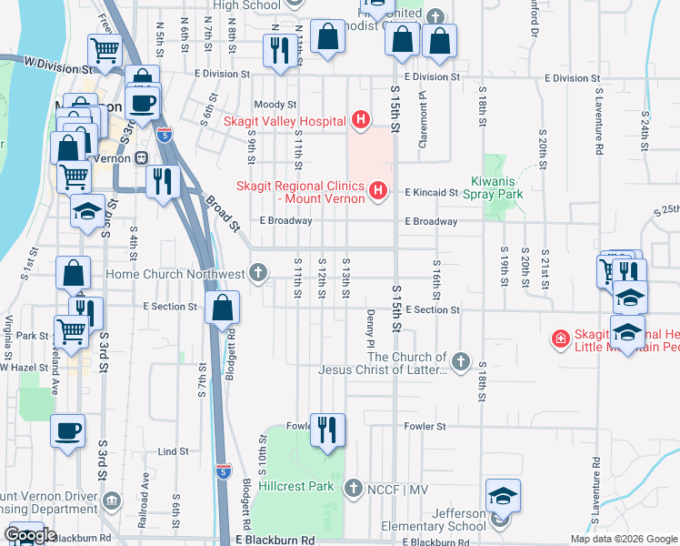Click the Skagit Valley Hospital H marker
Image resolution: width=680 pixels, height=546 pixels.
361,120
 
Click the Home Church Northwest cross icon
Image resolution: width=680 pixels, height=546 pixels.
259,273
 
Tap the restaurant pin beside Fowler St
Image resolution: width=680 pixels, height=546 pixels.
326,430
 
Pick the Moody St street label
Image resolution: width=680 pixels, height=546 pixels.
275,105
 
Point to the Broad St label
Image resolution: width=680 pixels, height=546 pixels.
221,213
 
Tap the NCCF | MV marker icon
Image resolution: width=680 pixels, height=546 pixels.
354,488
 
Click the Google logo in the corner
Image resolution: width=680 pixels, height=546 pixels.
31,536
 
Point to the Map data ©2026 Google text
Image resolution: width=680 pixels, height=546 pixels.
624,539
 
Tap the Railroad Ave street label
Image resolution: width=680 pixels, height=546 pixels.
144,491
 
